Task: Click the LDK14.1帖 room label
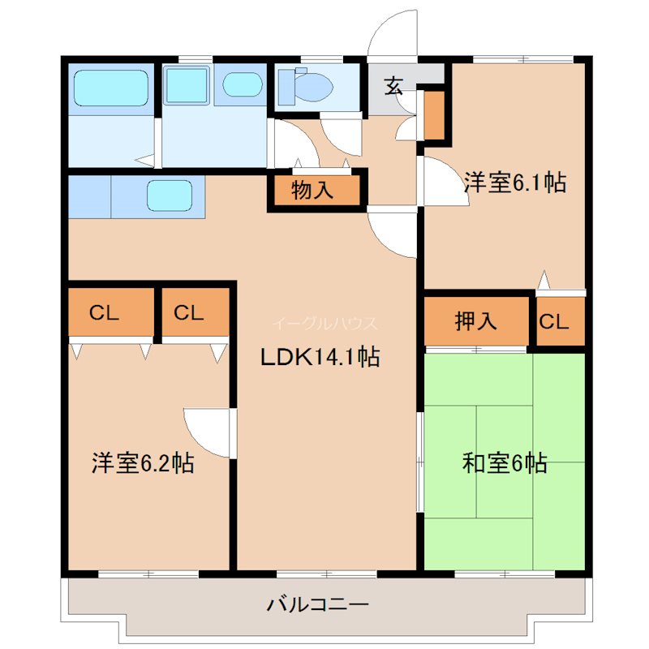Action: point(319,357)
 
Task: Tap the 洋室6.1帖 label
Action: point(514,183)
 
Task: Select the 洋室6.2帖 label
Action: point(142,464)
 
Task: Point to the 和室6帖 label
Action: point(505,464)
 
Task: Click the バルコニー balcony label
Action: point(318,604)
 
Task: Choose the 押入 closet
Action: point(475,321)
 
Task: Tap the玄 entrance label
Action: point(393,85)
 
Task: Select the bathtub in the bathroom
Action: point(111,87)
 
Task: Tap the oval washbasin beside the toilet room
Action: point(241,84)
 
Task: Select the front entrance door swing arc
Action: point(392,37)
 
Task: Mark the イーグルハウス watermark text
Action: point(324,323)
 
